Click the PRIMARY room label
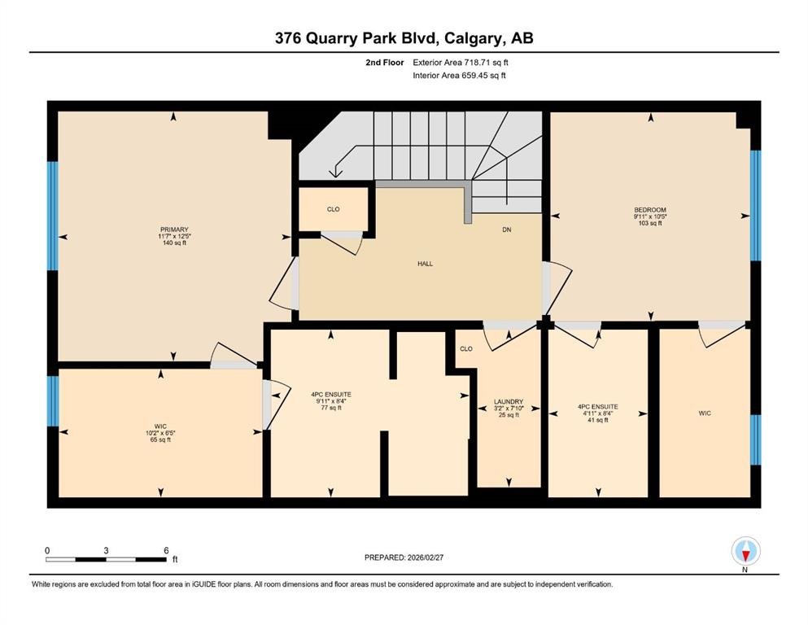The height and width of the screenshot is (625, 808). tap(174, 229)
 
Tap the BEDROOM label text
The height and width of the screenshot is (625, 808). tap(650, 210)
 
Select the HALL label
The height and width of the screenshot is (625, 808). tap(425, 264)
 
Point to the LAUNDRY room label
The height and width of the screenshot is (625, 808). tap(509, 401)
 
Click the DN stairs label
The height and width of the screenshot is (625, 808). tap(507, 229)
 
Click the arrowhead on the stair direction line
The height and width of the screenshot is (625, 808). tap(335, 172)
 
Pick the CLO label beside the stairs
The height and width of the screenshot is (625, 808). tap(334, 209)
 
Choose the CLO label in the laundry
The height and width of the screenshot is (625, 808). tap(466, 349)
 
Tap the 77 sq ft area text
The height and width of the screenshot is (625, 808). tap(331, 408)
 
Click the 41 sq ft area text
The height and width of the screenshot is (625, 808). tap(598, 420)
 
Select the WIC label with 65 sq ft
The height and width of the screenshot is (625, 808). tap(160, 426)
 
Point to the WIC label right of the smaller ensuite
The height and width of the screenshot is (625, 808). tap(705, 413)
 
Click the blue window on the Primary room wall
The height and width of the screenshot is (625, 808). tap(53, 216)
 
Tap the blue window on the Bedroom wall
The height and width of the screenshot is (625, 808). tap(755, 205)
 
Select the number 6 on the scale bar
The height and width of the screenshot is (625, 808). tap(166, 550)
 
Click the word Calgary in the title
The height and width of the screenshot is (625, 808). tap(474, 38)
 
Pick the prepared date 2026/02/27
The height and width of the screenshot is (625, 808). tap(425, 557)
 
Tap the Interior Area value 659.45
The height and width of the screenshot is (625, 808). tap(474, 75)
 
